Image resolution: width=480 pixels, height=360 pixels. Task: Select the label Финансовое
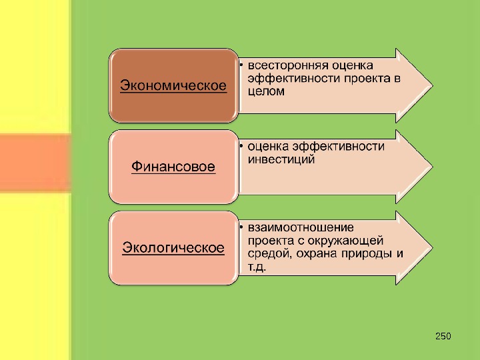coord(173,167)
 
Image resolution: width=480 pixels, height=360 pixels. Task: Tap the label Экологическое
coord(173,248)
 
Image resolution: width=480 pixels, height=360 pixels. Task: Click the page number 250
coord(443,335)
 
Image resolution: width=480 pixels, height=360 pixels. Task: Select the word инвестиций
coord(281,160)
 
